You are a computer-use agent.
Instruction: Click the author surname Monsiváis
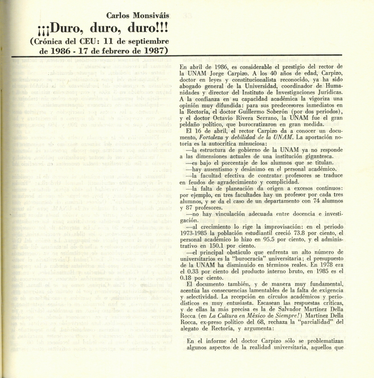(152, 15)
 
